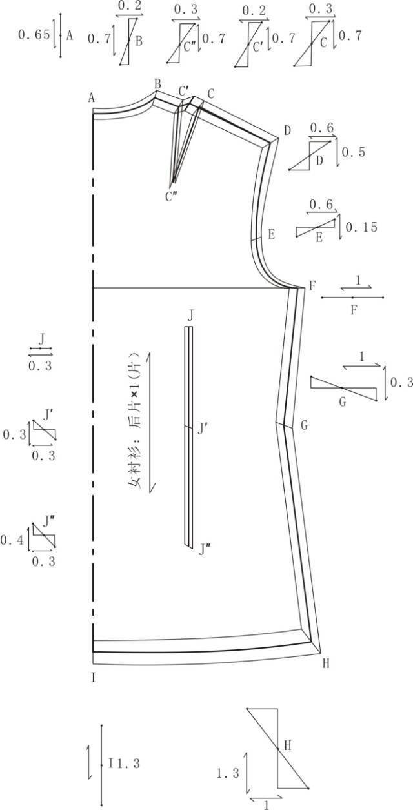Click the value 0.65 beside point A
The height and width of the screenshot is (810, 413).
(34, 35)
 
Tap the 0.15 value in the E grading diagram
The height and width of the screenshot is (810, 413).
(361, 227)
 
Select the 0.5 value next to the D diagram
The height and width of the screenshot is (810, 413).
(354, 152)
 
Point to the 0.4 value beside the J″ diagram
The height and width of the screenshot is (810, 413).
(12, 541)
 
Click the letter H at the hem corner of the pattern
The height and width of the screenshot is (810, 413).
(326, 663)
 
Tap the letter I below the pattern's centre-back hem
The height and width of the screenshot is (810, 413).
(94, 677)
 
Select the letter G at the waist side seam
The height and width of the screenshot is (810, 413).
(304, 425)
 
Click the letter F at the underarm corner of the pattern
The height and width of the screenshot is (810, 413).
(312, 287)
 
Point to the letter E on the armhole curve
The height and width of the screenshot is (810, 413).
(271, 234)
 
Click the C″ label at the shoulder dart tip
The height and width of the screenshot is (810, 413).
(171, 197)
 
